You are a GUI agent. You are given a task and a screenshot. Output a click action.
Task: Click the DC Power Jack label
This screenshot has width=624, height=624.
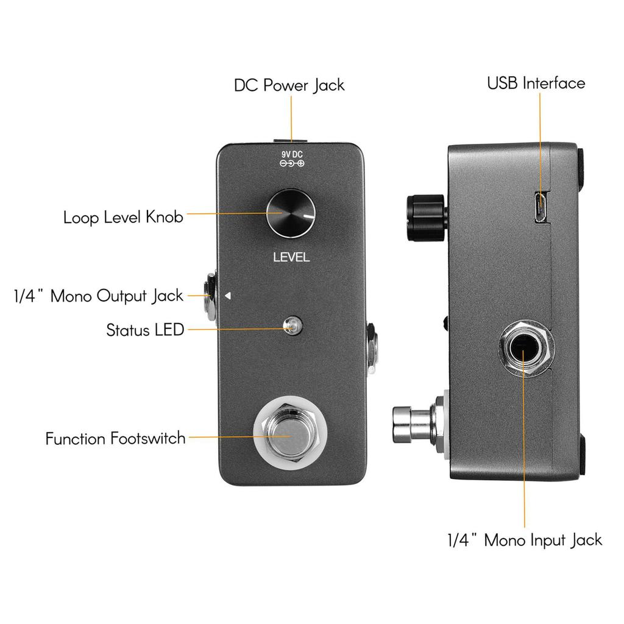[x=289, y=85]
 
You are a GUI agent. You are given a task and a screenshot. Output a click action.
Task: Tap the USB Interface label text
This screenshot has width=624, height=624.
[x=536, y=83]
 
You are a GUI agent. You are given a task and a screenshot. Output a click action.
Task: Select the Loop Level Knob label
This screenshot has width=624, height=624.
[x=123, y=217]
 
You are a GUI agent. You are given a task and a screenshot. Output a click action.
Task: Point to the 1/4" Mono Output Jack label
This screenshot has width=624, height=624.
[x=98, y=296]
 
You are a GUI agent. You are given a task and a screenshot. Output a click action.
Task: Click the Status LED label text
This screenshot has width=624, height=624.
[x=145, y=330]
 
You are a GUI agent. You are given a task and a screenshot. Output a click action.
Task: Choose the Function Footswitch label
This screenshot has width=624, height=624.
[x=115, y=438]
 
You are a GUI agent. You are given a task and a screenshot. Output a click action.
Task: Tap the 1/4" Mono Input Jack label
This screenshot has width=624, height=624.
[x=524, y=539]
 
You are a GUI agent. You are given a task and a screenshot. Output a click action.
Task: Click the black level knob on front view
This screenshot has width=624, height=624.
[x=291, y=214]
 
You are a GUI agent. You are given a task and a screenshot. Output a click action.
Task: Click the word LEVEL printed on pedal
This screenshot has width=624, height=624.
[x=291, y=257]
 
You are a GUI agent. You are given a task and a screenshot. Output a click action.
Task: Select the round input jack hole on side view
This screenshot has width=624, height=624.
[x=525, y=349]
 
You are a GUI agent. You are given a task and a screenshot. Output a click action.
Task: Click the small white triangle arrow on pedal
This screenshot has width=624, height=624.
[x=228, y=296]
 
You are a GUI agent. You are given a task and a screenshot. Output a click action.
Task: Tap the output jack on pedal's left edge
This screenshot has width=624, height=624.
[x=210, y=297]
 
